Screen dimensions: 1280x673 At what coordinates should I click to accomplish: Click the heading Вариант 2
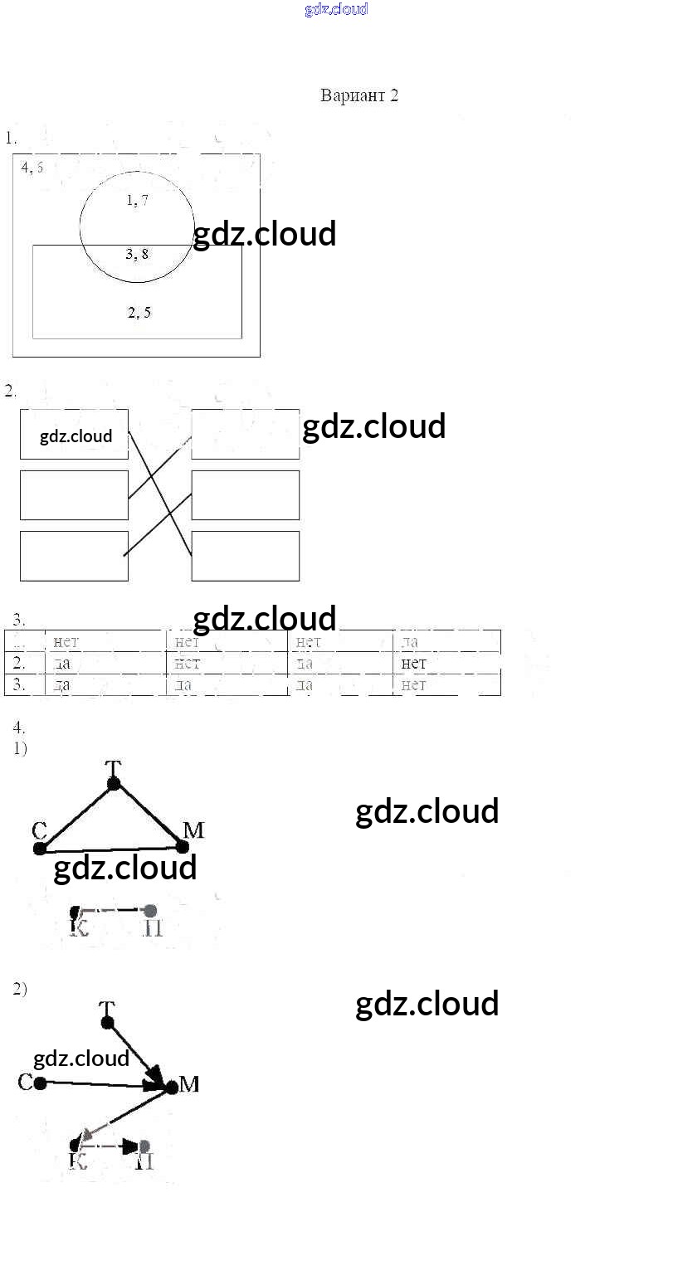[x=358, y=95]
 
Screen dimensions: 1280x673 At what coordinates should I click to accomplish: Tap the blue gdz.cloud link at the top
[x=336, y=10]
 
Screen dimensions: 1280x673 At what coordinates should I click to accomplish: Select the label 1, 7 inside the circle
[x=138, y=200]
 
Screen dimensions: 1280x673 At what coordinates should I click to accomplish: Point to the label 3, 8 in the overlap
[x=138, y=254]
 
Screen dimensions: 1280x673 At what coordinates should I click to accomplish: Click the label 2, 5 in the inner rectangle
[x=139, y=313]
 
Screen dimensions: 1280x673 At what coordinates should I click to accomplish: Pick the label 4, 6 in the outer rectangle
[x=32, y=167]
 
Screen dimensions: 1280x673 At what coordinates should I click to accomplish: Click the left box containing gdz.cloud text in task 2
[x=75, y=434]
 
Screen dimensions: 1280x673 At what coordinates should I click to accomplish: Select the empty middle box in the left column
[x=74, y=495]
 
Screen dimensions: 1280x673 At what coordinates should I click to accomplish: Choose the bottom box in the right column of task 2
[x=246, y=556]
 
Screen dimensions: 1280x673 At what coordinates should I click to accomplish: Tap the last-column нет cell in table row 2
[x=413, y=663]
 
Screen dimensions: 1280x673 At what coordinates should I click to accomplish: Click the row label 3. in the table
[x=18, y=684]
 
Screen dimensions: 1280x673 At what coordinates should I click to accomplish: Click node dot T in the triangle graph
[x=114, y=783]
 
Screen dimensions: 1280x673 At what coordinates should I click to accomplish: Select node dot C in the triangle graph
[x=40, y=848]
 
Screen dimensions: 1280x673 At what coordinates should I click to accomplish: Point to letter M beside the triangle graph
[x=193, y=830]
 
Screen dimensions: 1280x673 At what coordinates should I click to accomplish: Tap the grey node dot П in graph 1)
[x=149, y=910]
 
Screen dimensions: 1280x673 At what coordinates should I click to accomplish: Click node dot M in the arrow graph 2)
[x=171, y=1087]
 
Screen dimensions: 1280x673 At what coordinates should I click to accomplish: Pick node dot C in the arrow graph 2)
[x=40, y=1082]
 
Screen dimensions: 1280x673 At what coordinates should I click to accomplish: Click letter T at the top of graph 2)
[x=106, y=1008]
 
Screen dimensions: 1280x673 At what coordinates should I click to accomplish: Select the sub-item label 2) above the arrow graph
[x=20, y=989]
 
